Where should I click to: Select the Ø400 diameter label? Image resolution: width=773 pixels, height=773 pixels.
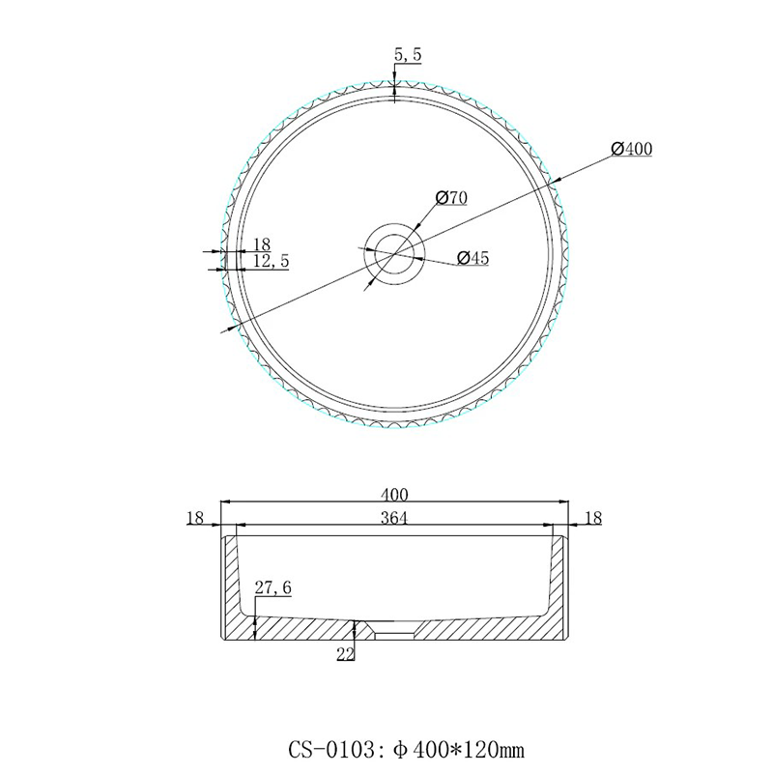click(633, 149)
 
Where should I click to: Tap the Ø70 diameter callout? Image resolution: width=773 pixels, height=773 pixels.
click(451, 198)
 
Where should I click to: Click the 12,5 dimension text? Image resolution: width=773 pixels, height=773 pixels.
click(271, 261)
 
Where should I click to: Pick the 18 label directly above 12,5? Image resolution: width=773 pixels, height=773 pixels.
click(262, 243)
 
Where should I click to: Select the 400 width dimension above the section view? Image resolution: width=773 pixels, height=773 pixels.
click(394, 493)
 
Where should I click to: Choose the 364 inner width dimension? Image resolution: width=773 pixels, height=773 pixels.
click(394, 518)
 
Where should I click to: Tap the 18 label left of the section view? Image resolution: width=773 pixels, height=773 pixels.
click(195, 519)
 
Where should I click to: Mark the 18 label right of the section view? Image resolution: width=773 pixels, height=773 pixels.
click(593, 519)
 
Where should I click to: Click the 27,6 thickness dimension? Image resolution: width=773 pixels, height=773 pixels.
click(272, 587)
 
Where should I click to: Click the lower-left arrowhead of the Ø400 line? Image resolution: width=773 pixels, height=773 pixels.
click(230, 329)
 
